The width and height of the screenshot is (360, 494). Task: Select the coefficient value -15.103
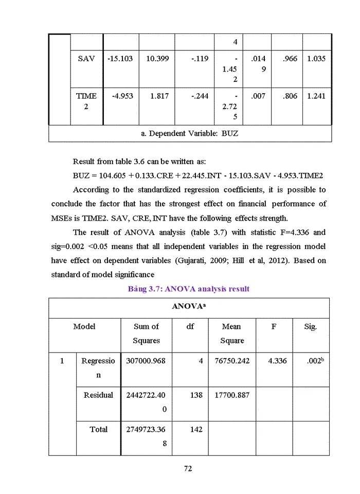(120, 59)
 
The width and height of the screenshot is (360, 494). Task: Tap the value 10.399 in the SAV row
(157, 59)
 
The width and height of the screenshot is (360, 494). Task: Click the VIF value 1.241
(316, 96)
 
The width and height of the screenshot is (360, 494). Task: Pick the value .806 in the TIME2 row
(290, 96)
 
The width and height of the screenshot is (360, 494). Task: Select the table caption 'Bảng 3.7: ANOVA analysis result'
(188, 289)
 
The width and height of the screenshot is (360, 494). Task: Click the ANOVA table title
(189, 306)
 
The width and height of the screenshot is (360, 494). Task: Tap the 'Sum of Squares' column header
(146, 333)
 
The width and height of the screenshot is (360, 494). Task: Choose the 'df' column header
(190, 327)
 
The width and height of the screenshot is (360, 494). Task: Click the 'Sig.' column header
(310, 327)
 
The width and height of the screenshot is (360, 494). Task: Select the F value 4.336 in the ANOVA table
(277, 361)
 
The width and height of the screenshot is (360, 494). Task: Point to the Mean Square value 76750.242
(232, 361)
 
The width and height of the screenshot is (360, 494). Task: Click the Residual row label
(98, 395)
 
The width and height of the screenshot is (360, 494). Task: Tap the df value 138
(196, 395)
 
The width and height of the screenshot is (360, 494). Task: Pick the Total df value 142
(196, 429)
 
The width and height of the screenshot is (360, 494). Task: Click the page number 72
(188, 468)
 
